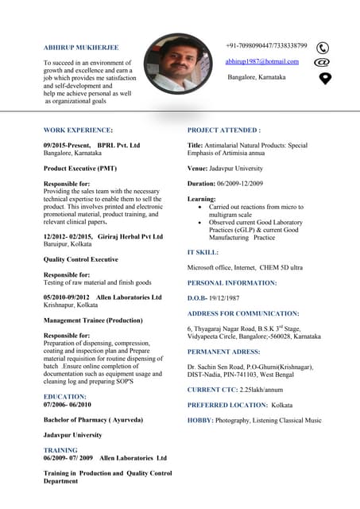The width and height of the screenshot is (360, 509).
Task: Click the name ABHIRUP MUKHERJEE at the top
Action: pos(80,48)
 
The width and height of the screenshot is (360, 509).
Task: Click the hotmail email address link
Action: pos(261,61)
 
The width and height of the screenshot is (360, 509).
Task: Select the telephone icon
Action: pos(323,48)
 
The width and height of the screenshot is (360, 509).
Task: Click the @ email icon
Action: pos(323,62)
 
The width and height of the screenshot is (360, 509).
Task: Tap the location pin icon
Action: pos(324,77)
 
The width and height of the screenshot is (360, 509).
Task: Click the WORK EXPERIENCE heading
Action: pos(78,130)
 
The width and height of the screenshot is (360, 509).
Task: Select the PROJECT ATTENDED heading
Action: pos(223,130)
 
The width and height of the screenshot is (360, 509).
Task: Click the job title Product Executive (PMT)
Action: pos(80,169)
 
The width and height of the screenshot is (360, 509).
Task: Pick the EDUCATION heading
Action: pos(64,395)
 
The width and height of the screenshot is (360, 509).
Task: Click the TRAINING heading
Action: pos(60,450)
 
